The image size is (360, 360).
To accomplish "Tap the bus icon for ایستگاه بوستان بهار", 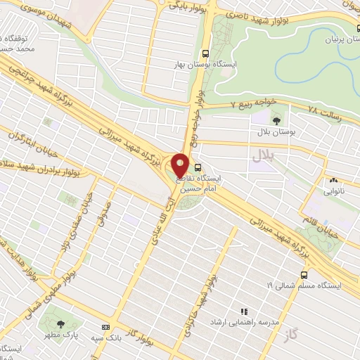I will pos(205,53).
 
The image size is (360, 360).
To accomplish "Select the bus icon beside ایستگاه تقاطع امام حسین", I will pos(198,168).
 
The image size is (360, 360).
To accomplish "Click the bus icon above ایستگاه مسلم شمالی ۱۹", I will pos(304,274).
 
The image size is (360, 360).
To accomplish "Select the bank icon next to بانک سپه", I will pos(106,327).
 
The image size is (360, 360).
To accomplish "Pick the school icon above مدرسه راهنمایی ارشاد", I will pos(244,310).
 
